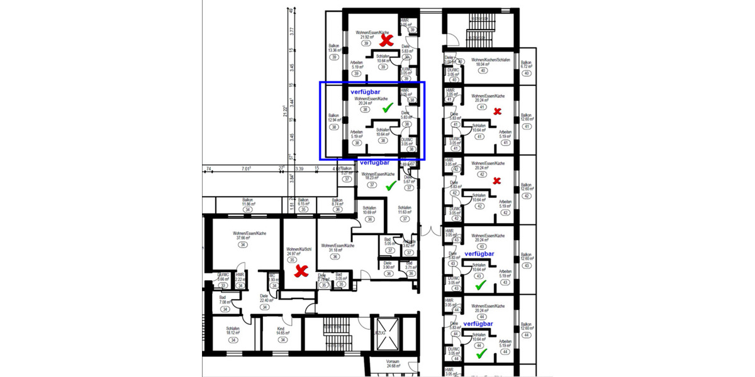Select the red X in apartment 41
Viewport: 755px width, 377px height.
click(497, 112)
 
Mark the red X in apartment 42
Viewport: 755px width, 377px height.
click(497, 182)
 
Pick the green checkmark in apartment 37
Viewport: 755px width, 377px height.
click(390, 185)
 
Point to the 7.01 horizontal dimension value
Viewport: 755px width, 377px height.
click(245, 168)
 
